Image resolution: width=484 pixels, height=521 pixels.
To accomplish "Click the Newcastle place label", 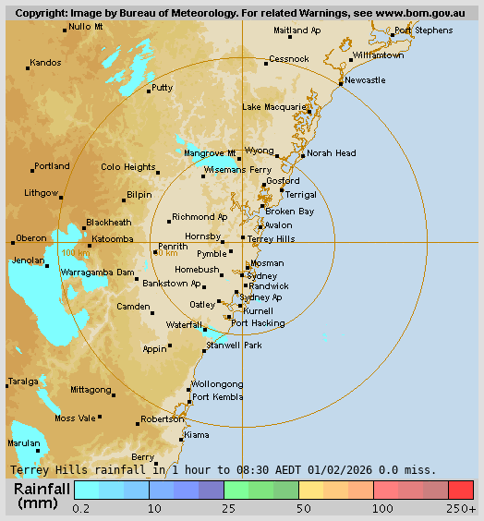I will click(366, 80).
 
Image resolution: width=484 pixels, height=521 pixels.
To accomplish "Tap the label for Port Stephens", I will click(423, 30).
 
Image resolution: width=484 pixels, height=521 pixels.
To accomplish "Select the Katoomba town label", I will click(114, 238).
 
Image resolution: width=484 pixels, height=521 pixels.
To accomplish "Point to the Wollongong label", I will click(217, 384).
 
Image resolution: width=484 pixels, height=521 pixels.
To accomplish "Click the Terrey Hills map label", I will click(272, 238).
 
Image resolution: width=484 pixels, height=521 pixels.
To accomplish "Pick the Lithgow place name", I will click(42, 193).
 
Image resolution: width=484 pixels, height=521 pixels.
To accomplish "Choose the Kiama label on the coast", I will click(197, 434).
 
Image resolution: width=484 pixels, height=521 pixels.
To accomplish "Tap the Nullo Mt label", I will click(86, 27).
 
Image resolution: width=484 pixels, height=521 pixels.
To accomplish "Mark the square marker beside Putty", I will click(148, 90).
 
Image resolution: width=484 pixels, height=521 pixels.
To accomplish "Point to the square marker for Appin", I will click(169, 348).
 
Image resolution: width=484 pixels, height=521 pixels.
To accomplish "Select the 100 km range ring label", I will click(76, 253).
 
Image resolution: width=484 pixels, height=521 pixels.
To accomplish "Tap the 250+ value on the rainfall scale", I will click(461, 508).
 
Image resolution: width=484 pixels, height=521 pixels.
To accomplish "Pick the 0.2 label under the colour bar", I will click(81, 508).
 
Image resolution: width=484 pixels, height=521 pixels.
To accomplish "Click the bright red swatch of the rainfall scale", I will click(461, 490).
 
